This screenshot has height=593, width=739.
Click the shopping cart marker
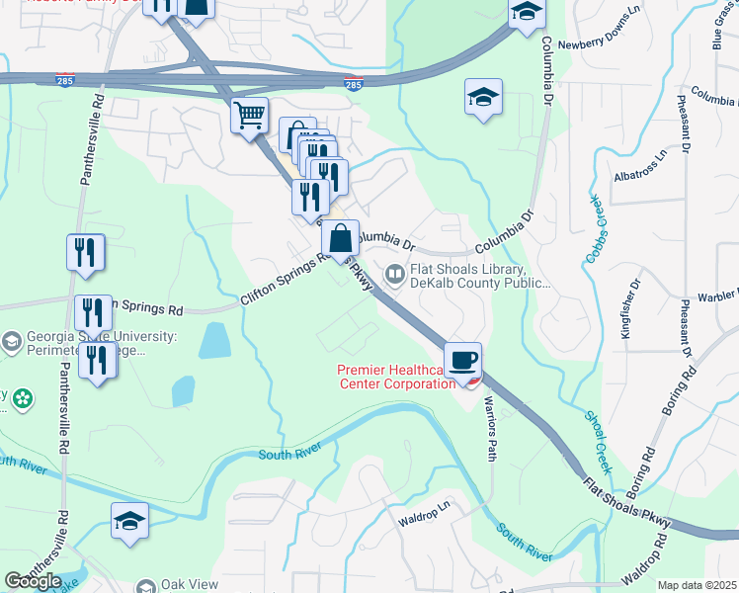coord(250,116)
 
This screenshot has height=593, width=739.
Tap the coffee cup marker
coord(462,360)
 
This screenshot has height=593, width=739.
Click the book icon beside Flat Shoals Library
coord(394,274)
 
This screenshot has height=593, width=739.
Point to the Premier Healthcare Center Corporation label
coord(396,377)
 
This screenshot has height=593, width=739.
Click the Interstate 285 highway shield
coord(353,85)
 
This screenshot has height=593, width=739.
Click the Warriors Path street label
coord(490,435)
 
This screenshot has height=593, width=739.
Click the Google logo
coord(33,581)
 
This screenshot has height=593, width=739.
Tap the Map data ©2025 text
coord(697,585)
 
